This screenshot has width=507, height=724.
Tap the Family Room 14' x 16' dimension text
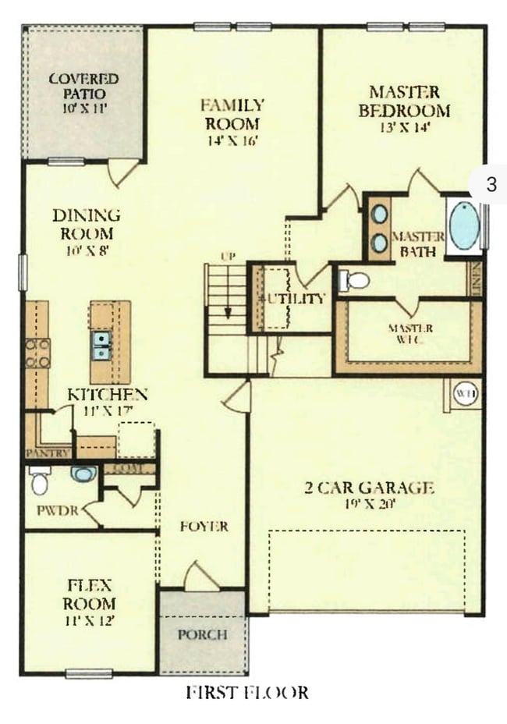tap(232, 141)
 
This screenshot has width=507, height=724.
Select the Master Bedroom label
tap(404, 101)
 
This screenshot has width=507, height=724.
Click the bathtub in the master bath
tap(464, 225)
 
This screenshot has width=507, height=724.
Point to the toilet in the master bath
tap(355, 280)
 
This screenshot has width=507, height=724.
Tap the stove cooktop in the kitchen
tap(37, 353)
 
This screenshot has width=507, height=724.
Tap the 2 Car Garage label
tap(368, 488)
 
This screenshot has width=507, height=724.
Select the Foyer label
tap(204, 526)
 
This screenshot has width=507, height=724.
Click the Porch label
tap(202, 634)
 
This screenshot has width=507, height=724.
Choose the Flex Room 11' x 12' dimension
tap(90, 622)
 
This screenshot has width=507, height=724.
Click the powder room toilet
tap(39, 481)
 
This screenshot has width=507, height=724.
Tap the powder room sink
tap(83, 474)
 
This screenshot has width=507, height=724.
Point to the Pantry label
tap(48, 452)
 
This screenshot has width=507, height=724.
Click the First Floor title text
tap(246, 692)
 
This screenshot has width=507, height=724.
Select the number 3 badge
tap(491, 185)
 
